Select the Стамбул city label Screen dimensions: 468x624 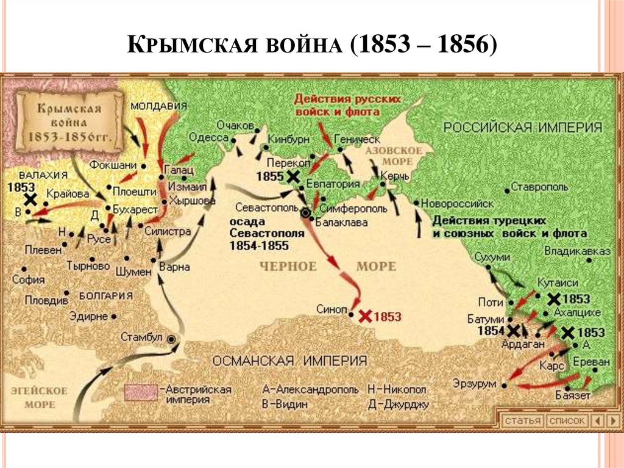coord(142,337)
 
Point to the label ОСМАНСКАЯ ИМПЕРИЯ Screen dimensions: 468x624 coord(289,360)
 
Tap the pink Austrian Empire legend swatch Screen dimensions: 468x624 coord(141,392)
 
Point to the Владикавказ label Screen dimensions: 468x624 coord(576,251)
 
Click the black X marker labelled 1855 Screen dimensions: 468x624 coord(293,176)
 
